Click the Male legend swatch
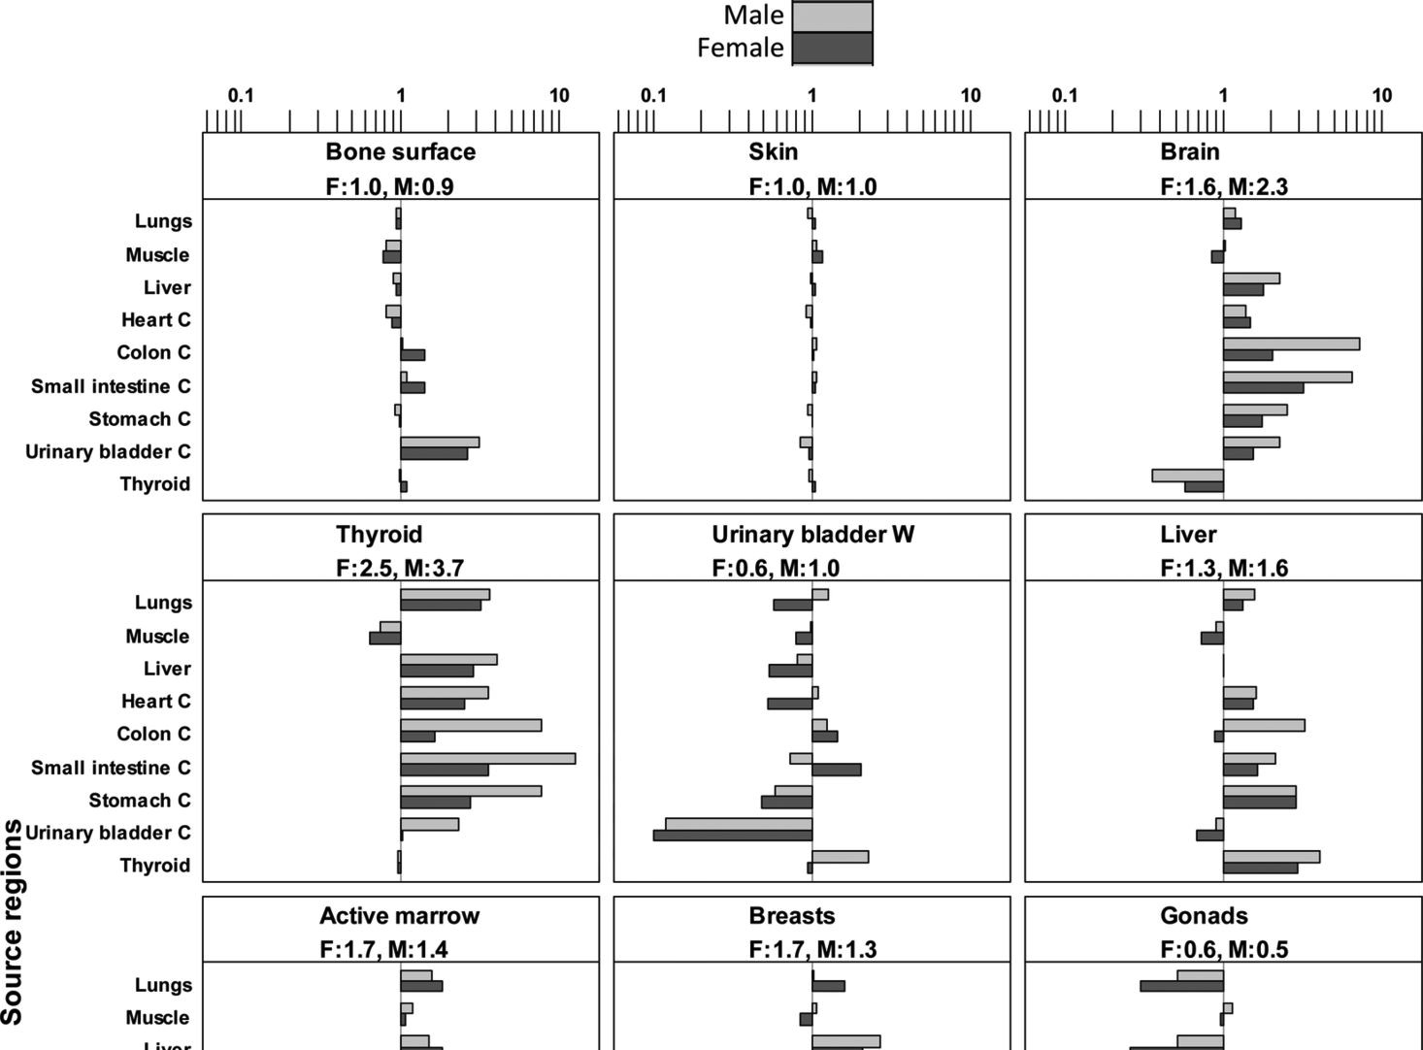click(x=832, y=16)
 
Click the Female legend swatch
click(x=832, y=49)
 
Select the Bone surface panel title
click(x=401, y=151)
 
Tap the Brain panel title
click(x=1189, y=151)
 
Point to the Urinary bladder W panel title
click(x=812, y=535)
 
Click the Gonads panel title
click(x=1204, y=916)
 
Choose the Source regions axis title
click(x=13, y=922)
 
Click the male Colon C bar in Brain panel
click(x=1291, y=344)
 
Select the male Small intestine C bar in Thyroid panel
click(x=487, y=758)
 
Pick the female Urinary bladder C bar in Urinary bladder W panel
click(x=733, y=835)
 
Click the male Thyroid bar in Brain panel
click(x=1187, y=476)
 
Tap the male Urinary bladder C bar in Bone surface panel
click(x=440, y=443)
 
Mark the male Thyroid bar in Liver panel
click(x=1271, y=857)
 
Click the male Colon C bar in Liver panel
click(x=1264, y=725)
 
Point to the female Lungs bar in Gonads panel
click(x=1181, y=986)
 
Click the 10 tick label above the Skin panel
click(x=971, y=95)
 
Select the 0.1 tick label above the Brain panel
click(x=1065, y=95)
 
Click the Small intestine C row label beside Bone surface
click(x=111, y=386)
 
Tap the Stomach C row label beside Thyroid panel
click(x=139, y=801)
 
